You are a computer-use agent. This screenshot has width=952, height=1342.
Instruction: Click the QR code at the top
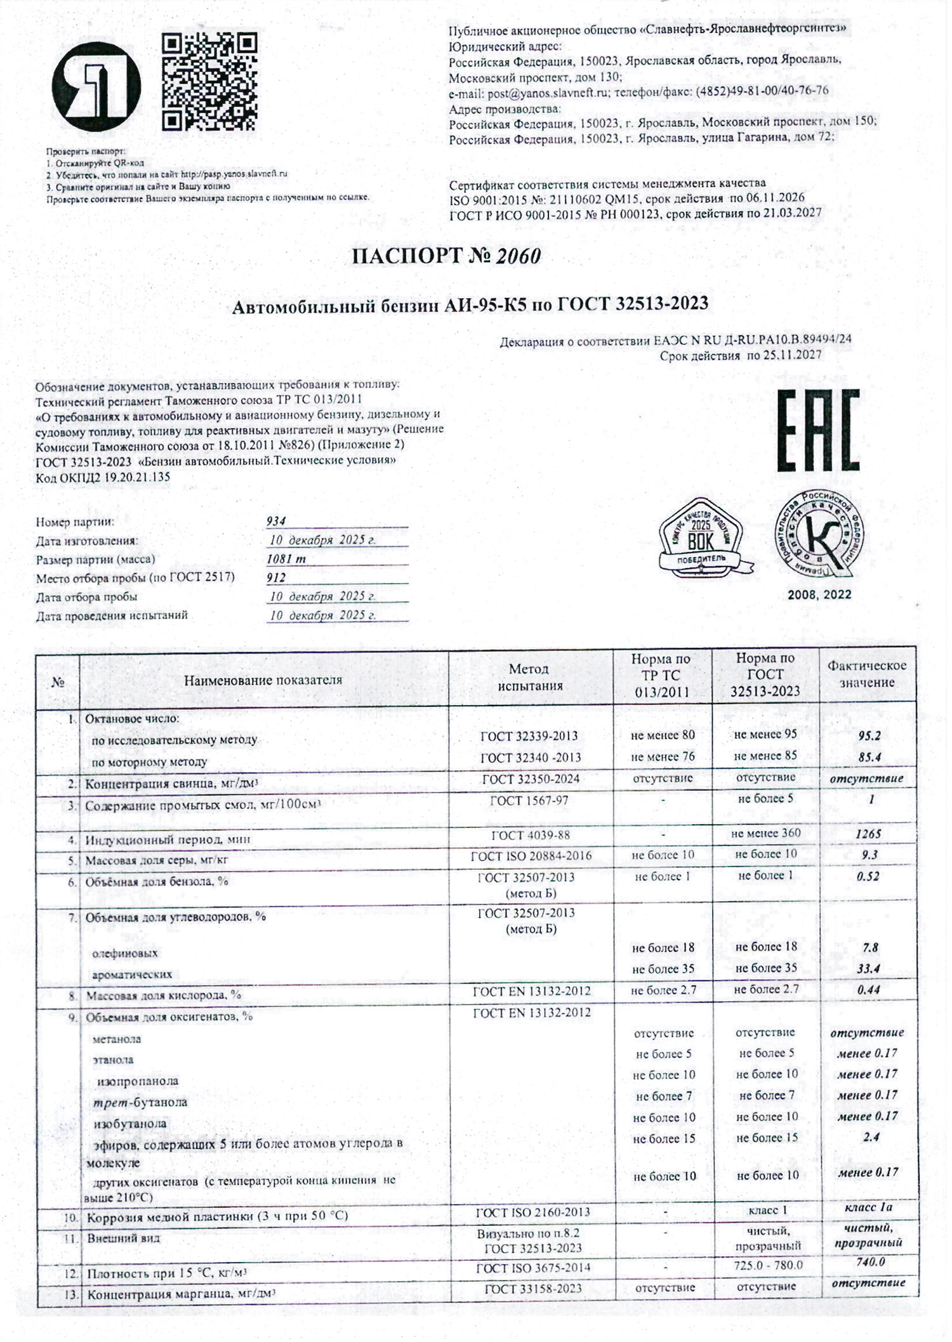click(x=209, y=82)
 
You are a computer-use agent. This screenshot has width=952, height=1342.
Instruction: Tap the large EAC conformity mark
click(x=818, y=430)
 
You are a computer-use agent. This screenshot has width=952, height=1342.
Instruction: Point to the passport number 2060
click(x=519, y=256)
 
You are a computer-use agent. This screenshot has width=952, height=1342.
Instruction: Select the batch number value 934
click(x=276, y=521)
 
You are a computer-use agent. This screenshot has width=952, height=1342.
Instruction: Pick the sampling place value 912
click(x=276, y=577)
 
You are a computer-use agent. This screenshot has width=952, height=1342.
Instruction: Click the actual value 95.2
click(x=869, y=736)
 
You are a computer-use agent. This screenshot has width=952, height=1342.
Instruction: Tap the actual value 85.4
click(x=869, y=757)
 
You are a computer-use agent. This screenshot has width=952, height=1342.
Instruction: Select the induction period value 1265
click(x=868, y=834)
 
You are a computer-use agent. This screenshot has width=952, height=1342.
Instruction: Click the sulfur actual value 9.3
click(x=869, y=855)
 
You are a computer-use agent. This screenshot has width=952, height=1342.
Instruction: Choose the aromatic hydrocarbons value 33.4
click(x=869, y=969)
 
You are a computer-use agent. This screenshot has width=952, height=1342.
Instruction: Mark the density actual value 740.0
click(x=869, y=1262)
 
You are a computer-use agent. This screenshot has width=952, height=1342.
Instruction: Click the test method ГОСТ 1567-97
click(x=529, y=801)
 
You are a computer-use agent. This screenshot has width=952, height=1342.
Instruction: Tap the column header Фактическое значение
click(x=866, y=674)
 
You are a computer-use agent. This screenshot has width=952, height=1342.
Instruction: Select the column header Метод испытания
click(x=529, y=677)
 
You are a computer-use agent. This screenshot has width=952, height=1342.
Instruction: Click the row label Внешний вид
click(x=123, y=1238)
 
